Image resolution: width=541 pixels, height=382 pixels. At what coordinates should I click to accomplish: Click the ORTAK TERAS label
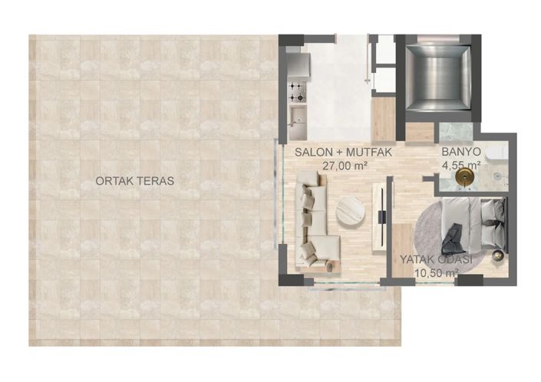pyautogui.click(x=134, y=181)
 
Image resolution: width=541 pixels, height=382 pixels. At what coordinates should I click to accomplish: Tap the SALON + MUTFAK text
pyautogui.click(x=344, y=153)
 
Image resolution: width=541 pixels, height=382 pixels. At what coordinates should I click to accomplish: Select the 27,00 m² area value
pyautogui.click(x=344, y=165)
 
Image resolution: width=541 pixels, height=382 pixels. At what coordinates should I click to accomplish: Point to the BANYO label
pyautogui.click(x=460, y=153)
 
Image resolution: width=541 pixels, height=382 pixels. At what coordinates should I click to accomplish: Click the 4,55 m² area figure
pyautogui.click(x=460, y=165)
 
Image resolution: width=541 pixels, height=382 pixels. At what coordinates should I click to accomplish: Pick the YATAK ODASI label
pyautogui.click(x=436, y=259)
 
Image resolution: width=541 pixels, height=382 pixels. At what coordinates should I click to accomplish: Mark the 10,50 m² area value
pyautogui.click(x=436, y=272)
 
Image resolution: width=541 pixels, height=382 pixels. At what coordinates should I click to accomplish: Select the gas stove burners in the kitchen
pyautogui.click(x=295, y=94)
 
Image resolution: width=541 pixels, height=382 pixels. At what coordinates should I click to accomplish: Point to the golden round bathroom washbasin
pyautogui.click(x=463, y=177)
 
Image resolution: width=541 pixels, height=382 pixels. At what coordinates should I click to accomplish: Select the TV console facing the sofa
pyautogui.click(x=379, y=217)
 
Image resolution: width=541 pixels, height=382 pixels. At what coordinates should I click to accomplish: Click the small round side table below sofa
pyautogui.click(x=330, y=265)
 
